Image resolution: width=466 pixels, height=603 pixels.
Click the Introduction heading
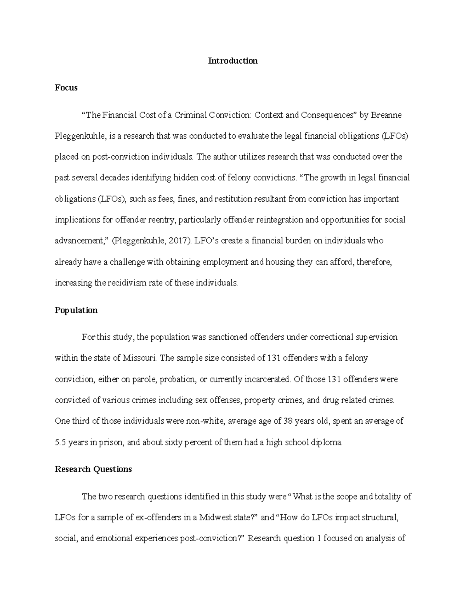[233, 61]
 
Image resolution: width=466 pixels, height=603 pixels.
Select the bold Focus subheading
[66, 88]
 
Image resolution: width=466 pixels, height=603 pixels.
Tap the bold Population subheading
[76, 310]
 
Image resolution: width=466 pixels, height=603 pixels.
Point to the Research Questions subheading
[93, 469]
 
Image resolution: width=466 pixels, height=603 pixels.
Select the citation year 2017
[180, 241]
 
